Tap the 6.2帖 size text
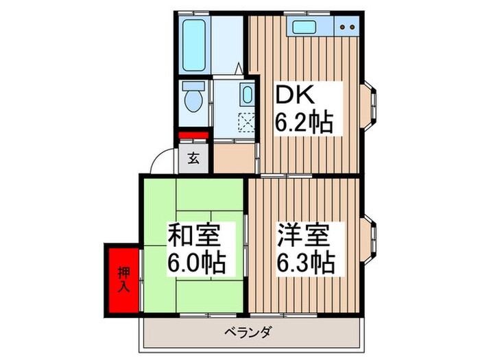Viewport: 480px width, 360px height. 304,123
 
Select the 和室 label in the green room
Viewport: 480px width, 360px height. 194,236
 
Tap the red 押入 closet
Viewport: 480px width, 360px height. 122,277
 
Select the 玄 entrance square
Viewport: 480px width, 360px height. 193,159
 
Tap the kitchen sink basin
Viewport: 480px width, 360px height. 303,29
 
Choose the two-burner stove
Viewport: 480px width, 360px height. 348,29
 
